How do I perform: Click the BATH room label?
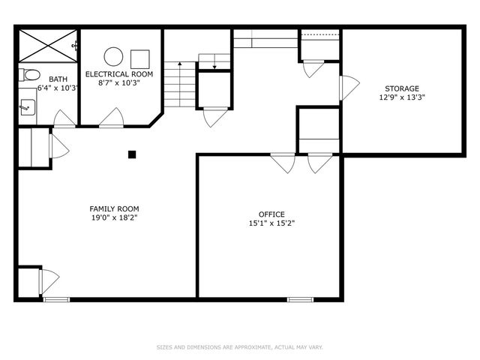57,79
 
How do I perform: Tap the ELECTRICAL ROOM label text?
119,74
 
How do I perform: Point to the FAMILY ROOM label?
114,208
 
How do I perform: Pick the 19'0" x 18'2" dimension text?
114,217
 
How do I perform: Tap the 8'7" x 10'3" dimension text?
119,83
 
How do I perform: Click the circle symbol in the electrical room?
112,56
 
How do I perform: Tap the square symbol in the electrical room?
140,58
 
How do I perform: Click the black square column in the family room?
132,154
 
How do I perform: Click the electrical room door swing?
112,118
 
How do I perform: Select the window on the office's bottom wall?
301,300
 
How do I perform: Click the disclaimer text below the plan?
239,347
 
